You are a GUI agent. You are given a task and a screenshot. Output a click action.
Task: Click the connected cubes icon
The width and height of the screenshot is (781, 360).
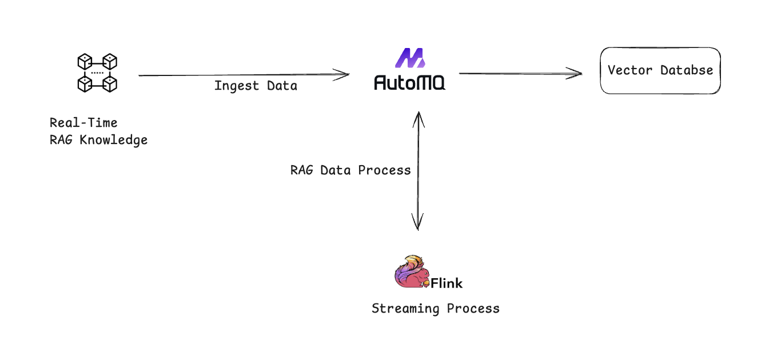pos(97,73)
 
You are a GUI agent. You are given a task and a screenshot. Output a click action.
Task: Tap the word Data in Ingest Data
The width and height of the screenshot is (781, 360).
pos(282,86)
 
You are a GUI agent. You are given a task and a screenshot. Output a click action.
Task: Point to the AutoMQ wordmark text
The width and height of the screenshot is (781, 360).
pos(409,82)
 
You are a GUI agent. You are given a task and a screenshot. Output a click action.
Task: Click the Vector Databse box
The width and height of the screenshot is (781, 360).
pos(660,70)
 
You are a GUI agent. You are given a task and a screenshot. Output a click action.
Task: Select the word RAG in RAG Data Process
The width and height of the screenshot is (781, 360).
pos(302,170)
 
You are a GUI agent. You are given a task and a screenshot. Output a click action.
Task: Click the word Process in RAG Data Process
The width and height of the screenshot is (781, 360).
pos(384,170)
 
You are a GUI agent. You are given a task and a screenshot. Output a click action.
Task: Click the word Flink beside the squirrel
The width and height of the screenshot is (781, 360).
pos(447,283)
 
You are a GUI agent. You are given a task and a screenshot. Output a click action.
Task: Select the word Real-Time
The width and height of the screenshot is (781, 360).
pos(83,122)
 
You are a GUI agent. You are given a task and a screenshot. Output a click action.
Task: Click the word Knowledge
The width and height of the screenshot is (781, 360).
pos(113,140)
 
